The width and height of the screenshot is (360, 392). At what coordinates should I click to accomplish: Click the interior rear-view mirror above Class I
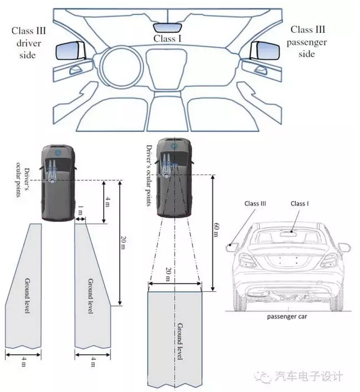(x=167, y=27)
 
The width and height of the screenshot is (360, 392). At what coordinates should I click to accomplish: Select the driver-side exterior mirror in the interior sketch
(x=70, y=51)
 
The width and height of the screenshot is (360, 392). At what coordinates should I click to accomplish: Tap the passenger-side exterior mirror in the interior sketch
(x=265, y=51)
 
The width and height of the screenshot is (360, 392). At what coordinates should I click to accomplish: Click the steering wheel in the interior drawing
(x=122, y=67)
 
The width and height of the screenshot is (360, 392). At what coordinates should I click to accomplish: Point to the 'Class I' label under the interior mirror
(x=167, y=39)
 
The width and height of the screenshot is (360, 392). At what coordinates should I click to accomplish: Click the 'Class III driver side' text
(x=29, y=43)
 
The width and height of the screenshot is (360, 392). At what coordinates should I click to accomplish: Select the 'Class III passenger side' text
(x=307, y=42)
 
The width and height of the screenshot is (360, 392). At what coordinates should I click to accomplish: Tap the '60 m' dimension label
(x=216, y=230)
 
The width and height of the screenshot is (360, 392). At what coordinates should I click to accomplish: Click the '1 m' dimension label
(x=80, y=210)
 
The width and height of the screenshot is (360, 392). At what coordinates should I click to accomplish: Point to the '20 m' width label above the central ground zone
(x=169, y=274)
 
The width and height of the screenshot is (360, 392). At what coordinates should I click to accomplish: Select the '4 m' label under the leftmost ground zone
(x=24, y=362)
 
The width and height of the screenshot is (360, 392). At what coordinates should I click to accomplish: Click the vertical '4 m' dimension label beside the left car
(x=108, y=202)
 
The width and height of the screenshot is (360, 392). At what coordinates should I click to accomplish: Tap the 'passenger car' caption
(x=287, y=317)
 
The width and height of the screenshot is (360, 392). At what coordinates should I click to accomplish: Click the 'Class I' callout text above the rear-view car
(x=300, y=203)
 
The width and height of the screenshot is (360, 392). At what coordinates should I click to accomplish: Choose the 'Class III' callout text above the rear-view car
(x=255, y=203)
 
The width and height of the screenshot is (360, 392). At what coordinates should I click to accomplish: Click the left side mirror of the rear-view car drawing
(x=232, y=247)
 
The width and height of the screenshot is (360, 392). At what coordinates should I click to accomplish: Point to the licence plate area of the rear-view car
(x=288, y=261)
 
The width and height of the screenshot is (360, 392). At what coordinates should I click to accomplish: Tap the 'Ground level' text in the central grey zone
(x=180, y=341)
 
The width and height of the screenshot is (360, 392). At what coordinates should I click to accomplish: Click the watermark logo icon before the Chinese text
(x=263, y=376)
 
